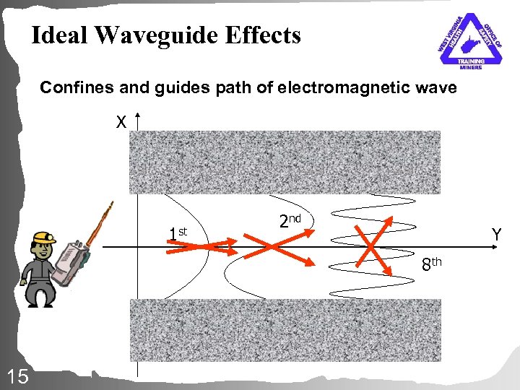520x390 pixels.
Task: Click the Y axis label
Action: pos(496,234)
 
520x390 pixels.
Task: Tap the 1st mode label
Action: pos(176,233)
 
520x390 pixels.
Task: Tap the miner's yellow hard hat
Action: pos(43,238)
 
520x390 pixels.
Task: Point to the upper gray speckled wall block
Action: pos(285,162)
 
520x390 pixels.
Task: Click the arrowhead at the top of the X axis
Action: pos(137,116)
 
